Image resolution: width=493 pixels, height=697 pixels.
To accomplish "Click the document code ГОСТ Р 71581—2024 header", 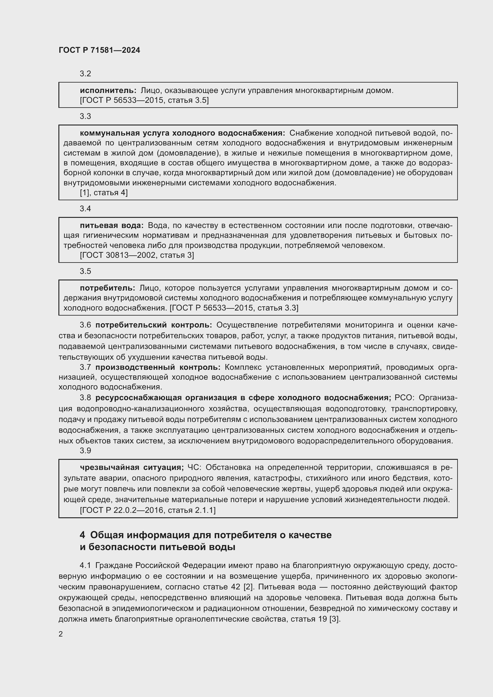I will pos(99,50).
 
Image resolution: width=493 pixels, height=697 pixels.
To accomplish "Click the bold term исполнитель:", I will pos(108,91).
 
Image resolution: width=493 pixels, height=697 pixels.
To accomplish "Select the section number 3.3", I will pos(85,116).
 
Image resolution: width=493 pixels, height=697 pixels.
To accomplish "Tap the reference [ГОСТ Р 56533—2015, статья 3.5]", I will pos(144,100).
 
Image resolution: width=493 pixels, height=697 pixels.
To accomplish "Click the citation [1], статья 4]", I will pos(103,193).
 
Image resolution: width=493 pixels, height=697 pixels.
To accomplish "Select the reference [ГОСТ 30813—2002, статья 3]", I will pos(137,255).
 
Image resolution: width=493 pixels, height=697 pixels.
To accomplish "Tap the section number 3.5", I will pos(85,271).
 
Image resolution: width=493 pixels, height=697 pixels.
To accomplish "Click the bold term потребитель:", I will pos(108,288).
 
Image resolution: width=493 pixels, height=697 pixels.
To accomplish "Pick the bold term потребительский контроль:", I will pos(154,325).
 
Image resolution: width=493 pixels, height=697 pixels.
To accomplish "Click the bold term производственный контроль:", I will pos(158,367).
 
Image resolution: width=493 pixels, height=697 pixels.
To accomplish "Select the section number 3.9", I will pos(85,451).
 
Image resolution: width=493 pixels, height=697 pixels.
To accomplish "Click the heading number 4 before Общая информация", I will pos(82,535).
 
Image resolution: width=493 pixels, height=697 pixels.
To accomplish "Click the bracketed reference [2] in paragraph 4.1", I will pos(248,587).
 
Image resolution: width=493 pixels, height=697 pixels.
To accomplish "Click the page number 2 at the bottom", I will pos(61,634).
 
